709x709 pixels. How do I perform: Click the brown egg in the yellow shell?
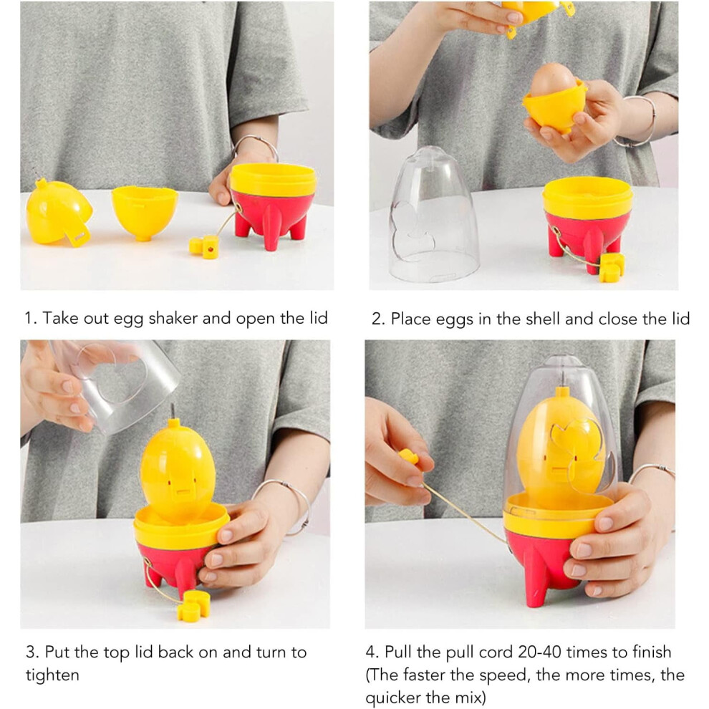553,80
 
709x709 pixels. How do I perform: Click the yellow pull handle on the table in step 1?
204,247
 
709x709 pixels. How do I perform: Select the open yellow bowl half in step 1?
144,211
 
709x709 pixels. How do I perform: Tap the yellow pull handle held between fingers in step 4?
409,457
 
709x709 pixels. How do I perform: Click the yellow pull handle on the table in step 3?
194,606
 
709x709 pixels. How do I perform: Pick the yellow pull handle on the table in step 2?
612,268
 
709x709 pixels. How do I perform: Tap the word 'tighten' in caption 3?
52,675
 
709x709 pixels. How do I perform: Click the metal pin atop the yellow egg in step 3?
172,411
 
